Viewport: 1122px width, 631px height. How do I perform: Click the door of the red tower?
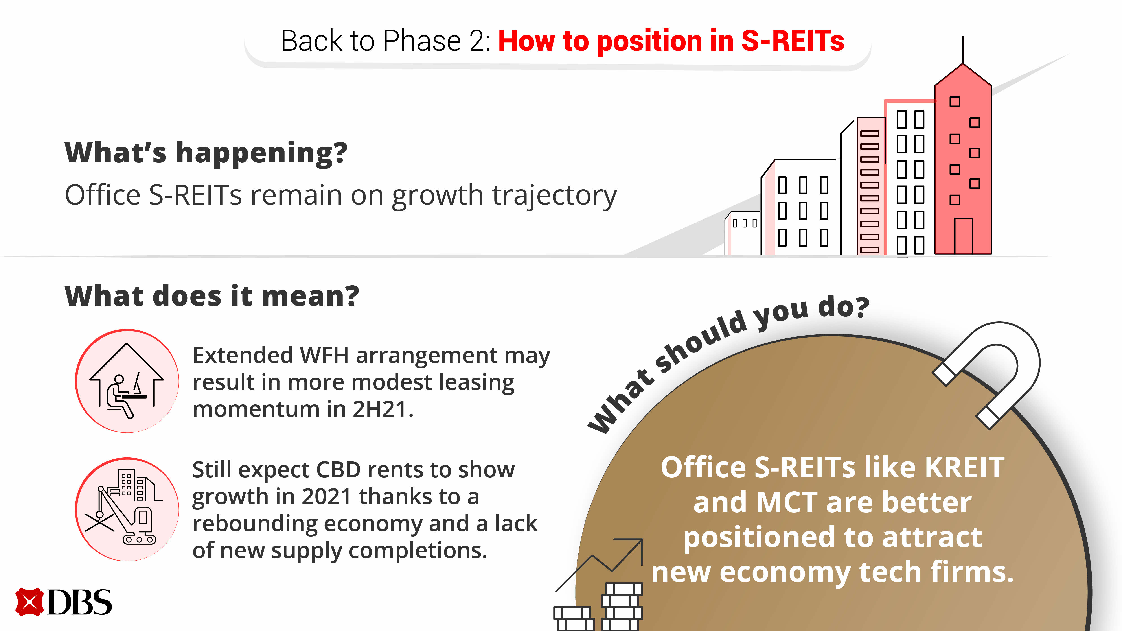pos(963,236)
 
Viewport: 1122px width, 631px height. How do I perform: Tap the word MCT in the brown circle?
pos(787,502)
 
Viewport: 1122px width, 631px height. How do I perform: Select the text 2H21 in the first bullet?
pos(382,409)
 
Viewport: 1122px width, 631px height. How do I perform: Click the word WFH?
pos(324,355)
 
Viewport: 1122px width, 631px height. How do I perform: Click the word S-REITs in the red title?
pos(793,41)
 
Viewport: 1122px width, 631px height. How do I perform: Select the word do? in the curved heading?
pos(844,307)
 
